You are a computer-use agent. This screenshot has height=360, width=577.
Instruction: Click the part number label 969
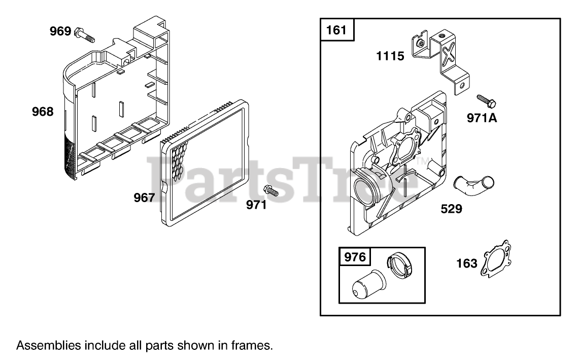pyautogui.click(x=60, y=31)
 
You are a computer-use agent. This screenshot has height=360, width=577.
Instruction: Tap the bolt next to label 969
pyautogui.click(x=85, y=36)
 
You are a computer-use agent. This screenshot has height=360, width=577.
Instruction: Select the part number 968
pyautogui.click(x=43, y=112)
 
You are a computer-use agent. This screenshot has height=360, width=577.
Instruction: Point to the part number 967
pyautogui.click(x=144, y=198)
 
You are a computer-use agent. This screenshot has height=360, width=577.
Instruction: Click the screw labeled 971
pyautogui.click(x=271, y=191)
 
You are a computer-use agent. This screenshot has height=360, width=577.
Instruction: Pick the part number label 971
pyautogui.click(x=257, y=205)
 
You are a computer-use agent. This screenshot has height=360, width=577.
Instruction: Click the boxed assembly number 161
pyautogui.click(x=336, y=30)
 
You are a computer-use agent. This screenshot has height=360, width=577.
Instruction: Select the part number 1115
pyautogui.click(x=390, y=56)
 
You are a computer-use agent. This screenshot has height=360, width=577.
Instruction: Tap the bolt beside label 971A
pyautogui.click(x=486, y=100)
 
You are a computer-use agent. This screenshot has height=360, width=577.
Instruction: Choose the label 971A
pyautogui.click(x=482, y=119)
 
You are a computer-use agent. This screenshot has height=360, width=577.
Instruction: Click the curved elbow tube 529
pyautogui.click(x=475, y=184)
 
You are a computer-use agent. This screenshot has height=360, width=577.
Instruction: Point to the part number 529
pyautogui.click(x=451, y=208)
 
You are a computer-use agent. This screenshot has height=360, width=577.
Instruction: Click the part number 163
pyautogui.click(x=467, y=263)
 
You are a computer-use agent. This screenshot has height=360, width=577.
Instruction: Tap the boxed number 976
pyautogui.click(x=355, y=257)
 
